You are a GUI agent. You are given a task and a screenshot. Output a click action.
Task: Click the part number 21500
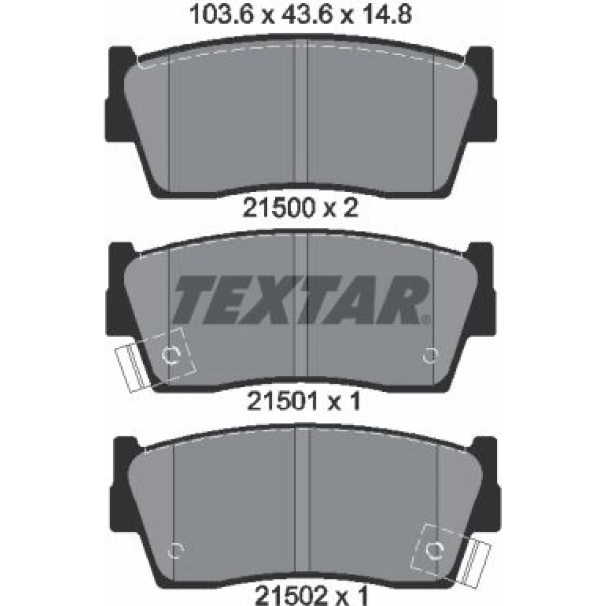point(278,208)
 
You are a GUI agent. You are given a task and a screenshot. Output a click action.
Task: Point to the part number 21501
point(282,402)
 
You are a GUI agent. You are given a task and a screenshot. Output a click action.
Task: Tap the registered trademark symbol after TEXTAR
point(426,319)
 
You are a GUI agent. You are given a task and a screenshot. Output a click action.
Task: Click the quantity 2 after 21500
point(350,208)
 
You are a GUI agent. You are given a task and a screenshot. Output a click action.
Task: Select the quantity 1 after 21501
point(354,402)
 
